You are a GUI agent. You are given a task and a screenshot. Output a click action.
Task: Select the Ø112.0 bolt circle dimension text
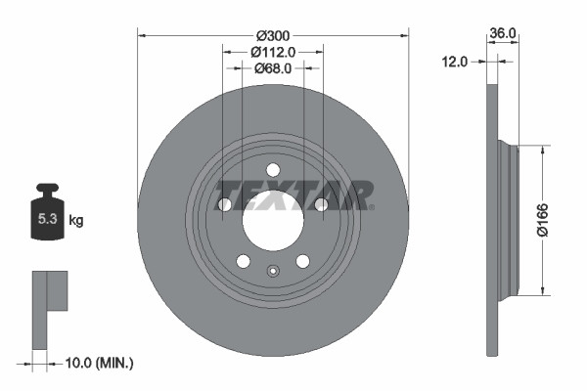pos(273,51)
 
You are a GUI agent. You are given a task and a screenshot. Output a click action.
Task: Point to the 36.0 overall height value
pos(503,33)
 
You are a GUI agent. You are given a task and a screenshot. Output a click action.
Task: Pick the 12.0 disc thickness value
pos(456,61)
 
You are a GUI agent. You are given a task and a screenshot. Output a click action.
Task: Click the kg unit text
pos(76,221)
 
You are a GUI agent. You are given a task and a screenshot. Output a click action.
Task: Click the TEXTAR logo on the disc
pos(293,195)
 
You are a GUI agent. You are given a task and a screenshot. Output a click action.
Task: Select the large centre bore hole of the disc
pos(273,222)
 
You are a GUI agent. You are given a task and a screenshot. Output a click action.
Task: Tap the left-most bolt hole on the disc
pos(225,205)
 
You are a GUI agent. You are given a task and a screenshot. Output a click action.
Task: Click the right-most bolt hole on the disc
pos(321,204)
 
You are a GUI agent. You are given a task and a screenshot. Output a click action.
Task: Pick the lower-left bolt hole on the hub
pos(243,261)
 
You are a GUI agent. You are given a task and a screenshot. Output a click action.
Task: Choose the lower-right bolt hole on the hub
pos(303,261)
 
